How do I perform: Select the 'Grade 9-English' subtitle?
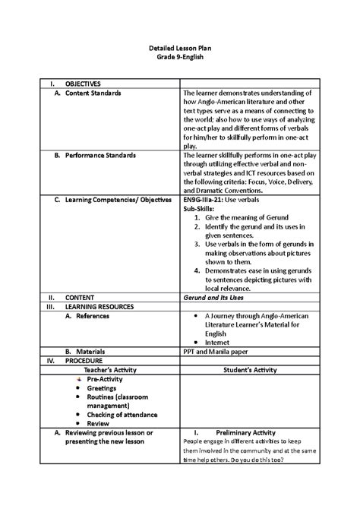pos(180,58)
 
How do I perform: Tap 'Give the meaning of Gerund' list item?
pos(241,217)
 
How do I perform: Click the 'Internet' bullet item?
pos(219,342)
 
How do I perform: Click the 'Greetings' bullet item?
pos(101,387)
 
